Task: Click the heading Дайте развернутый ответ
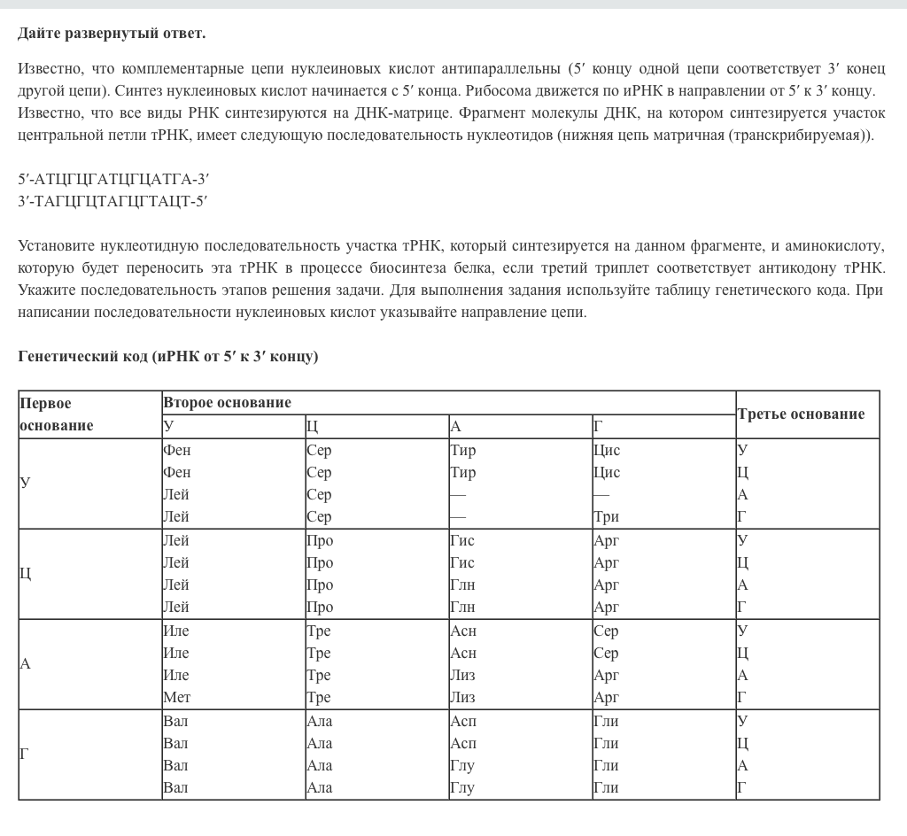tap(112, 34)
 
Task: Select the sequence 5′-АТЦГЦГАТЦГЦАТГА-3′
tap(113, 179)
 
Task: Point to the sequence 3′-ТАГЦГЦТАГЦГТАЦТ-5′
tap(112, 201)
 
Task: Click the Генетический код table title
tap(168, 356)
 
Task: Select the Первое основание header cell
tap(57, 414)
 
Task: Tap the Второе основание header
tap(227, 403)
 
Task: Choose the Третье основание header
tap(801, 414)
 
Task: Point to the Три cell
tap(606, 516)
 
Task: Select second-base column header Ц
tap(312, 427)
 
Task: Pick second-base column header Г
tap(598, 427)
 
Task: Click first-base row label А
tap(26, 663)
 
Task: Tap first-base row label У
tap(25, 483)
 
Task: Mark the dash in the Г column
tap(601, 494)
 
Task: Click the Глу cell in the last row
tap(462, 787)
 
